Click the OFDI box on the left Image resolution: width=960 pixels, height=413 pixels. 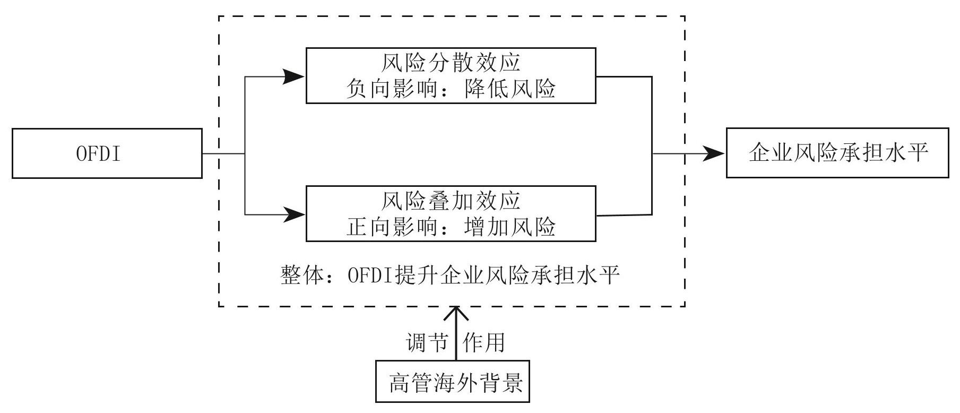point(107,153)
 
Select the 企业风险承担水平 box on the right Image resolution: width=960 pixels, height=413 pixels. point(837,153)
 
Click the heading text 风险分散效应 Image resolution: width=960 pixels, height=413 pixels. point(451,63)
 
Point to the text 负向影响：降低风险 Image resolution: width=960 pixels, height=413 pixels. point(451,89)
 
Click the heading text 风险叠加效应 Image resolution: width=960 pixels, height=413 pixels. point(451,201)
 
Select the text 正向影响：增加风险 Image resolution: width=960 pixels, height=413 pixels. point(451,227)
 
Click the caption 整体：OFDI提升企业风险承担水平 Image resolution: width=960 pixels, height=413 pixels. point(451,276)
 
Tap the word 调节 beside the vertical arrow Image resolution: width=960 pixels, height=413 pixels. point(426,343)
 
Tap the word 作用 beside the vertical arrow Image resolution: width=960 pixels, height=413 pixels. point(483,343)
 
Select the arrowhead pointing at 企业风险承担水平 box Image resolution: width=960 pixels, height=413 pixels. point(713,154)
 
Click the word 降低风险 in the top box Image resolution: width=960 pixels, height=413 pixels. point(509,89)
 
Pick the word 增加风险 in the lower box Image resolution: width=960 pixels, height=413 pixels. point(509,227)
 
